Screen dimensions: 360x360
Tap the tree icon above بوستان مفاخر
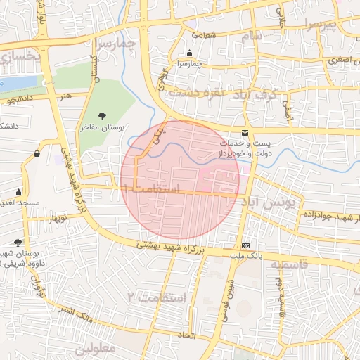[x=103, y=116]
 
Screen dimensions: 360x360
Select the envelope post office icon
[x=245, y=133]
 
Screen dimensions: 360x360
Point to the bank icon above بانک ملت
[x=245, y=245]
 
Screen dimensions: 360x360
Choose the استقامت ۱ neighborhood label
[x=150, y=189]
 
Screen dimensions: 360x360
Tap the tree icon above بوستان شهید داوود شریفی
[x=18, y=243]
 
